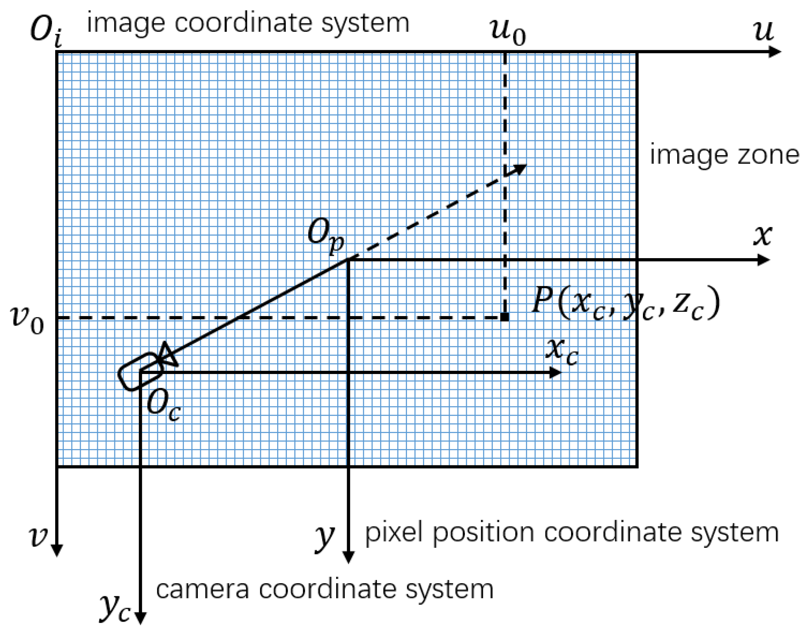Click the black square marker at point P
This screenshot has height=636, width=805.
coord(505,317)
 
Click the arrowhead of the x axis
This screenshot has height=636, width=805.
coord(764,260)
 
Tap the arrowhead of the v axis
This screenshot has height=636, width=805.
coord(57,550)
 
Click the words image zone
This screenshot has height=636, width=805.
coord(724,156)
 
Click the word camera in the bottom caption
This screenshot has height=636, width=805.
coord(202,590)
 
